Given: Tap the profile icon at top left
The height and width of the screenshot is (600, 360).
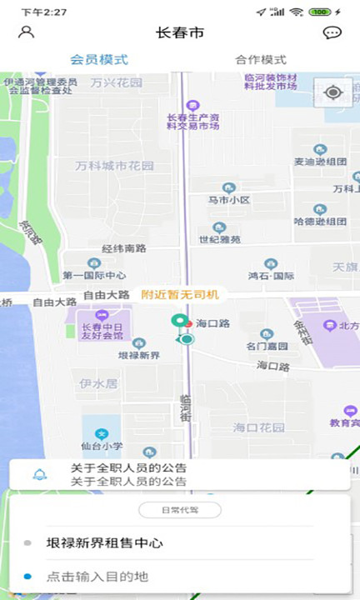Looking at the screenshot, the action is (27, 32).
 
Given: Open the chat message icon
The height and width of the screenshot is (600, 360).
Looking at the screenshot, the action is (332, 33).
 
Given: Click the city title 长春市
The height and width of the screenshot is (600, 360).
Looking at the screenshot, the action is (180, 33).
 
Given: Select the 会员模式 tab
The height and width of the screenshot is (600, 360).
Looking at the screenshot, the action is (98, 60).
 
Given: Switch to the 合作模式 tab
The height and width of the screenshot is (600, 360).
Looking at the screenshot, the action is (261, 60).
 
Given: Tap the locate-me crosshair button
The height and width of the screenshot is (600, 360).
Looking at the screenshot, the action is (333, 92).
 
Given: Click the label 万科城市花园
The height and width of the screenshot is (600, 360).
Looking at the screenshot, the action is (114, 166).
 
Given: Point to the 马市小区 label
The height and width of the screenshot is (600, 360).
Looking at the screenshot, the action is (229, 200).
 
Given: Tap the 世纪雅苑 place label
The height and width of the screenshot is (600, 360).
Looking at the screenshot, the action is (220, 238).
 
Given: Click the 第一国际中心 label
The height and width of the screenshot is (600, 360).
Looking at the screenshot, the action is (94, 275).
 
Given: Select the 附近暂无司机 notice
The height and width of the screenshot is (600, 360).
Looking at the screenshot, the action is (180, 294).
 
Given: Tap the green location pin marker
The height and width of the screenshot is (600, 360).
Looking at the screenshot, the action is (178, 322).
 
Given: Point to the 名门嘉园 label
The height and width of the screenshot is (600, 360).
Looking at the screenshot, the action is (267, 345).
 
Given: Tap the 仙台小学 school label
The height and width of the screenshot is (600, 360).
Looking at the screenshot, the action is (101, 446).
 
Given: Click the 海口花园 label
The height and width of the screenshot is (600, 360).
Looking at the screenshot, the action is (258, 427).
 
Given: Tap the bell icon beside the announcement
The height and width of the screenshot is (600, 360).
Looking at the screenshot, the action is (38, 475).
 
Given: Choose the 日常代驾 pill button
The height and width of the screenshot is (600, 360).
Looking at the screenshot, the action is (180, 509).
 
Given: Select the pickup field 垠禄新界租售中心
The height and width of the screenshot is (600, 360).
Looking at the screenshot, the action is (105, 543).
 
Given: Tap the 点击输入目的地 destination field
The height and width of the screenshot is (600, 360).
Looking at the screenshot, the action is (97, 577).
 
